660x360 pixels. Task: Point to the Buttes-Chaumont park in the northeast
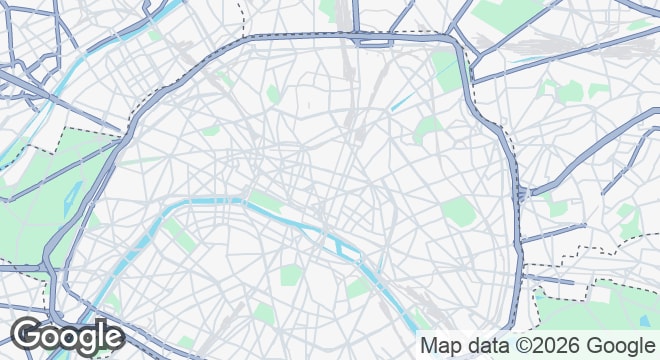[x=428, y=128]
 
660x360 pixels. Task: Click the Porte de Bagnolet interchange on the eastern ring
[x=521, y=190]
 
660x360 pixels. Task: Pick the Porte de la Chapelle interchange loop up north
[x=372, y=40]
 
